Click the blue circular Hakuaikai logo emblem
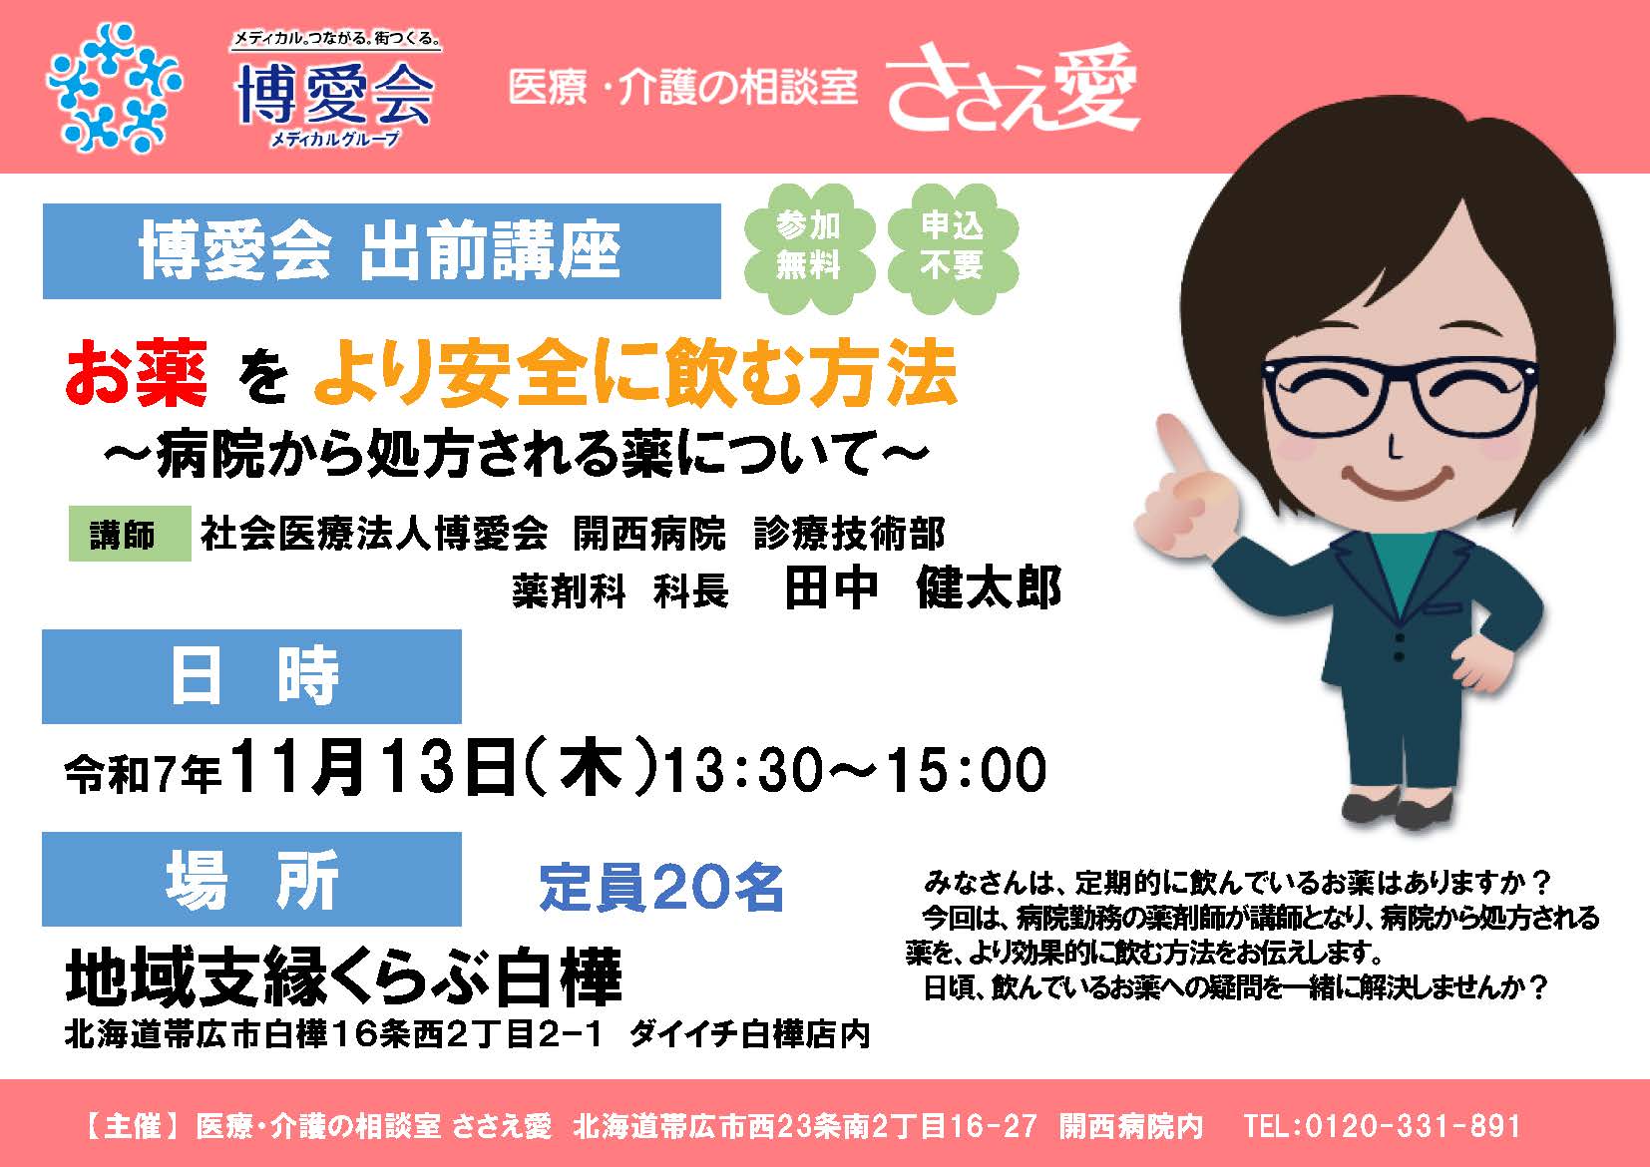pos(114,89)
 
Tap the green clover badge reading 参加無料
pos(809,246)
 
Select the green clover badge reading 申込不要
pos(952,246)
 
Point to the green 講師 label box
pos(130,534)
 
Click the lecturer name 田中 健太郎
pos(922,588)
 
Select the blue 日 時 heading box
pos(252,676)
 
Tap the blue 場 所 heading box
pos(252,879)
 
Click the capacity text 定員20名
pos(660,887)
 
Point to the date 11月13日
pos(373,768)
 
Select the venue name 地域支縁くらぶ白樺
pos(344,977)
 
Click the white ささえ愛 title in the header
pos(1013,89)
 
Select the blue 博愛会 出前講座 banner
pos(381,251)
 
